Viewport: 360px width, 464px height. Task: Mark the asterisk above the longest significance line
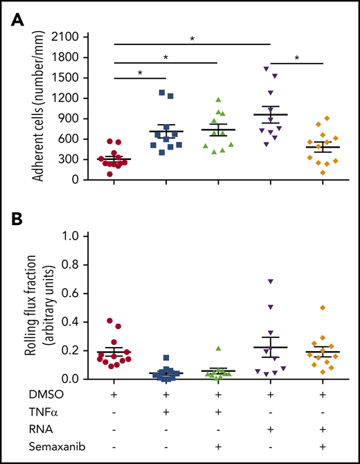(192, 39)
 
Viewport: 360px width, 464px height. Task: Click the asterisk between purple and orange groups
(297, 59)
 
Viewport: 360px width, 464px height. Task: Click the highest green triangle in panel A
(219, 100)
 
